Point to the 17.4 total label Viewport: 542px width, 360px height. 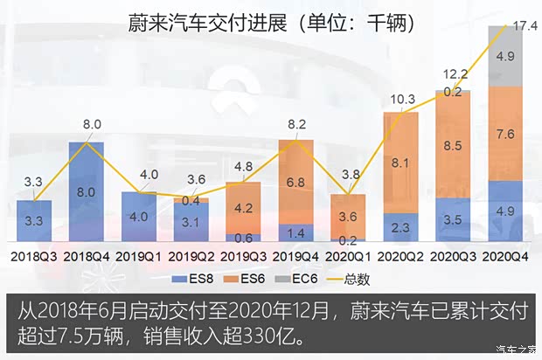525,26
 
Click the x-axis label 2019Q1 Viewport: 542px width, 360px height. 139,256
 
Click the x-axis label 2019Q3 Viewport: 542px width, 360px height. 244,256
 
